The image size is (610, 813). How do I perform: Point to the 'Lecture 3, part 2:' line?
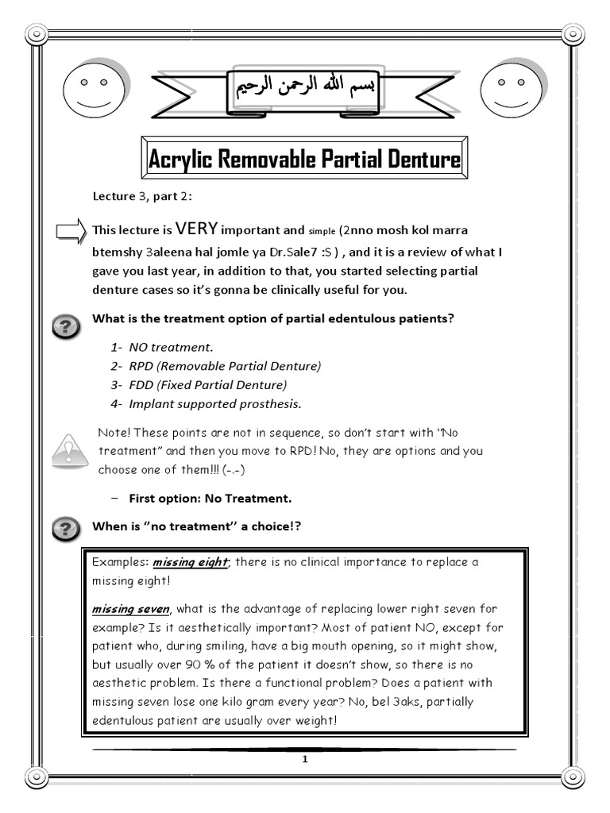click(x=141, y=196)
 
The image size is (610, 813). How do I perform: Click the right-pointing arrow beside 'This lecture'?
click(x=71, y=232)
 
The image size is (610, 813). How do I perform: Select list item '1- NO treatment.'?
click(x=163, y=347)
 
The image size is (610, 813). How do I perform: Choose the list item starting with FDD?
click(x=199, y=385)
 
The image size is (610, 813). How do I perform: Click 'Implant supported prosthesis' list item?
click(x=207, y=404)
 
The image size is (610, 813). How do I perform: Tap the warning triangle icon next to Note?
click(x=70, y=450)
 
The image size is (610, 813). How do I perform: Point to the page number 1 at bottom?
click(x=304, y=759)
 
